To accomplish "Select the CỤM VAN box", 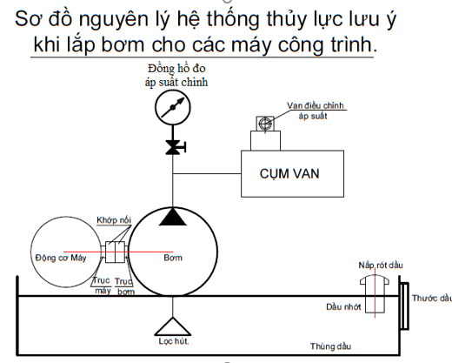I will (x=289, y=171).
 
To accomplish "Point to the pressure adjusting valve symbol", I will (x=259, y=126).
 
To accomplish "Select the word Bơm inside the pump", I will (x=174, y=258).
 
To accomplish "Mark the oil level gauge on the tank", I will (x=403, y=305).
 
